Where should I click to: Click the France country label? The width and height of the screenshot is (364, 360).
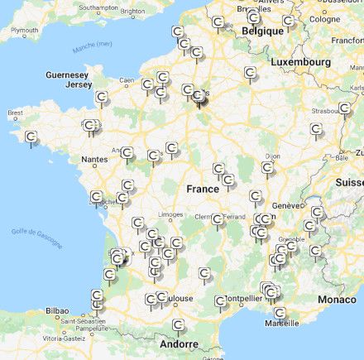203,189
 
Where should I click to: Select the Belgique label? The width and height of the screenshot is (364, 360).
262,31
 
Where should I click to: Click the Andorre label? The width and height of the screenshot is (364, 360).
179,343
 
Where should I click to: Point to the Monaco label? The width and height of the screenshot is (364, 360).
338,299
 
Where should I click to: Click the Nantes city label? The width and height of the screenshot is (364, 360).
94,160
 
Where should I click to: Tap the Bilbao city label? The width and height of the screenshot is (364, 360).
57,310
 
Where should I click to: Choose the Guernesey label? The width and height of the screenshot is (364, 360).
67,74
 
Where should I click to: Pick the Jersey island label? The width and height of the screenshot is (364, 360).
79,84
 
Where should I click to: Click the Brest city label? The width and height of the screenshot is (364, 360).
15,113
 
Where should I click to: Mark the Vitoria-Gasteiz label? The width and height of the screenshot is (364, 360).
63,338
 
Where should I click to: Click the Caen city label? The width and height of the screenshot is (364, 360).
127,80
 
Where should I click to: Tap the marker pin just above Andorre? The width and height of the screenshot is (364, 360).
178,325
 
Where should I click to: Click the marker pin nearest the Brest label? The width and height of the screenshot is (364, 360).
31,137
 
